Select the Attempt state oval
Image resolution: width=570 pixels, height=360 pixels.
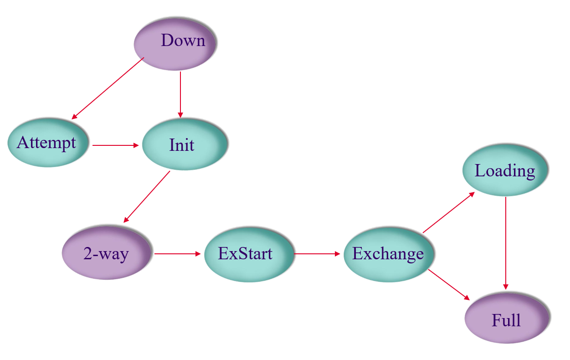coord(47,144)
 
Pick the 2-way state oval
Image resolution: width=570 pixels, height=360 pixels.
coord(107,253)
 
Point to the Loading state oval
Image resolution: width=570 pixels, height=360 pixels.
coord(505,170)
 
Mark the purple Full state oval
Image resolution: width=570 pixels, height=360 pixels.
coord(507,319)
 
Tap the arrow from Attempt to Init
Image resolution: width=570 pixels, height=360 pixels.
coord(115,145)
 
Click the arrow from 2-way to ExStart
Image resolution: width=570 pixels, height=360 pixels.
coord(177,253)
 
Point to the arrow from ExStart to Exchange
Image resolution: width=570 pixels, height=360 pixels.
coord(317,253)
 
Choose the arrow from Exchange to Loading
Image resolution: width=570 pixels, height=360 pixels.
coord(449,212)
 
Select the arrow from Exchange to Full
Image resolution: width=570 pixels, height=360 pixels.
coord(449,285)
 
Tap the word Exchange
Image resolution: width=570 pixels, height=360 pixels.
coord(388,254)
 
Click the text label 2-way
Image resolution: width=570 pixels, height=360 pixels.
coord(106,253)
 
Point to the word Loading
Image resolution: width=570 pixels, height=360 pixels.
coord(505,171)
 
